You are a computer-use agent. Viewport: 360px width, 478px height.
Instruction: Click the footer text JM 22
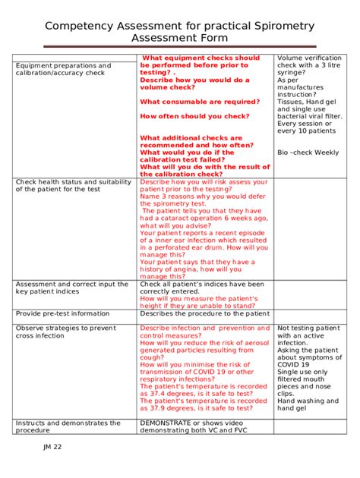coord(52,447)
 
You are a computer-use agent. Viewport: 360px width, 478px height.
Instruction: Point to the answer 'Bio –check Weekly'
coord(308,153)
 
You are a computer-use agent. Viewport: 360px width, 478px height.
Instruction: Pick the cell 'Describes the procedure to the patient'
coord(204,313)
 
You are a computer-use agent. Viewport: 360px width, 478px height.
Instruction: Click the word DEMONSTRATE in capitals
coord(168,423)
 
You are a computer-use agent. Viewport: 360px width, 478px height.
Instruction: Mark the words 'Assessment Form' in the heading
coord(179,39)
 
